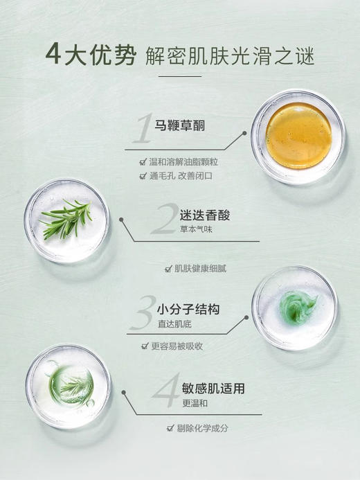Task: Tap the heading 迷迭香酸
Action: coord(204,215)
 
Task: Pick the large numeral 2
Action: coord(166,220)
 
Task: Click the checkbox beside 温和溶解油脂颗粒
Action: coord(143,162)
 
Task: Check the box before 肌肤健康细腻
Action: coord(168,269)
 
